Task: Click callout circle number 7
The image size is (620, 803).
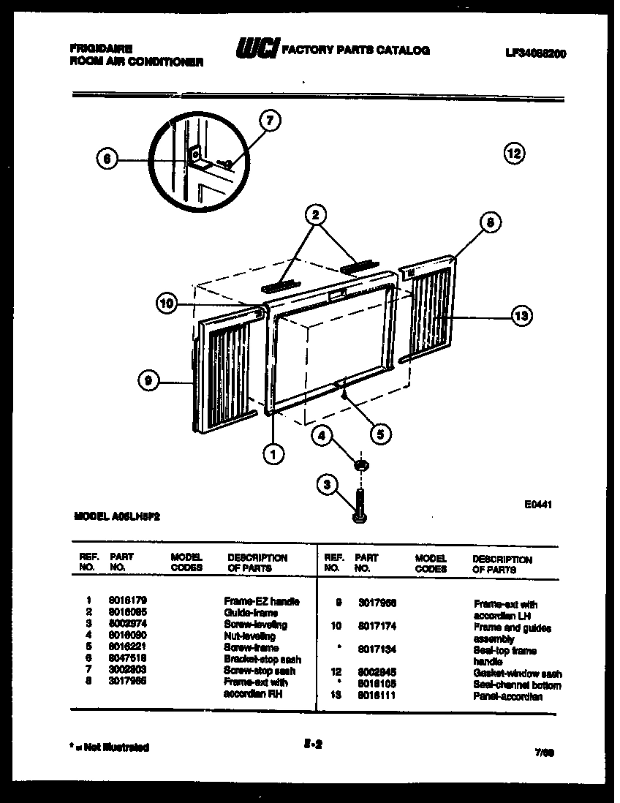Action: click(x=270, y=121)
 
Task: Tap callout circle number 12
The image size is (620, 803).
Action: click(x=514, y=153)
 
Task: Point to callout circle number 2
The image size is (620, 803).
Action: click(x=315, y=214)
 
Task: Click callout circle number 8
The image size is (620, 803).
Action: click(x=491, y=222)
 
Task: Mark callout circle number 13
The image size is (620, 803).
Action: click(x=521, y=316)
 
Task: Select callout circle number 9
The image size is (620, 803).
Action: click(x=148, y=379)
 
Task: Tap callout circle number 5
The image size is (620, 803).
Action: click(x=379, y=433)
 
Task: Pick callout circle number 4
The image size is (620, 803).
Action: click(x=321, y=436)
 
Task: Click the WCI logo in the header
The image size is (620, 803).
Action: click(x=256, y=49)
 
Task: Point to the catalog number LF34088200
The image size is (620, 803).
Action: click(x=536, y=53)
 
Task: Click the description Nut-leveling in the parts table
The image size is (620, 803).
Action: click(x=249, y=636)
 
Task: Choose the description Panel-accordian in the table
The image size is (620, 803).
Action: click(x=507, y=697)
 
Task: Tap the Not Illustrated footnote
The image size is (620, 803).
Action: click(x=110, y=747)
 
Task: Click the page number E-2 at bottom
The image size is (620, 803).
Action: click(x=312, y=745)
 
